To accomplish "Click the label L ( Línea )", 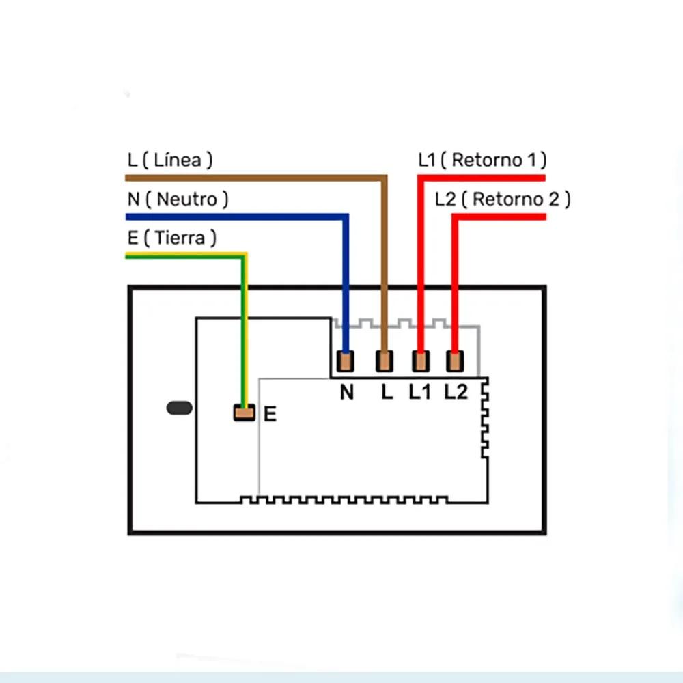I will (x=169, y=161).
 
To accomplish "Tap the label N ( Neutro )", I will (x=178, y=199).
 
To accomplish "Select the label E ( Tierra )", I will (x=171, y=238).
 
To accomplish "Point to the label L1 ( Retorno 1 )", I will (x=482, y=161).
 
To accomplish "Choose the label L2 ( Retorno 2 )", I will (x=502, y=199).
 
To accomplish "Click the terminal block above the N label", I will (x=347, y=360).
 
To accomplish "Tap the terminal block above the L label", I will (x=385, y=360).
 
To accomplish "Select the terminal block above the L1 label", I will (x=420, y=360).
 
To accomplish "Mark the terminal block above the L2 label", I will (x=454, y=360).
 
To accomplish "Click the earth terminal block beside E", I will (x=244, y=413).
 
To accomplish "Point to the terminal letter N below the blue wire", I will (x=347, y=393).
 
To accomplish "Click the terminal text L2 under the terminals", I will (x=456, y=393).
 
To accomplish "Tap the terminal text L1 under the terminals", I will (x=419, y=393).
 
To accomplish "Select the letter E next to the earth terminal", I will (x=270, y=414).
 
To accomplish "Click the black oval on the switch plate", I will (x=180, y=408).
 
